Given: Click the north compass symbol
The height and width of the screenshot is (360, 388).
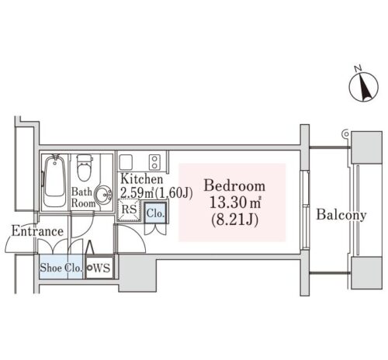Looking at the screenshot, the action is (x=363, y=87).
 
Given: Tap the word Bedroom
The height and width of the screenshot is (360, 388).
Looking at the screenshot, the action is (x=234, y=185).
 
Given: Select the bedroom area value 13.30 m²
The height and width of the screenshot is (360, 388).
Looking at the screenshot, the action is (x=235, y=202).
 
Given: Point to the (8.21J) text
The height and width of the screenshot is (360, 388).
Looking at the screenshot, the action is (x=234, y=220).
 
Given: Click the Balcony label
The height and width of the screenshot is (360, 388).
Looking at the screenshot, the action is (x=341, y=215).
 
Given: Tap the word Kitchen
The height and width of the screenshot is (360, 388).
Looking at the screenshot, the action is (x=142, y=179).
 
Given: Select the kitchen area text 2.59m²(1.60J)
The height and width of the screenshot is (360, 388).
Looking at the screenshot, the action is (x=157, y=192).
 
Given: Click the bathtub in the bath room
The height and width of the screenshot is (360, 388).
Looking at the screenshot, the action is (x=54, y=180).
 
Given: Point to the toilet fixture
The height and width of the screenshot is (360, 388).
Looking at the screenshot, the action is (x=85, y=168).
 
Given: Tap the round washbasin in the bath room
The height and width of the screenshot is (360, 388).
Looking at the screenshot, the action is (x=103, y=195).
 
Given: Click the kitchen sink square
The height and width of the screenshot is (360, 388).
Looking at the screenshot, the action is (x=126, y=162).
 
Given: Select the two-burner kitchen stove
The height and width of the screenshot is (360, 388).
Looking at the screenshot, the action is (x=154, y=162).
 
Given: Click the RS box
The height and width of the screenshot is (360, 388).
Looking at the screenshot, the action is (x=129, y=210).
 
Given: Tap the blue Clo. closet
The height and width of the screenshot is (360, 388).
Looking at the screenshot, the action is (x=155, y=213).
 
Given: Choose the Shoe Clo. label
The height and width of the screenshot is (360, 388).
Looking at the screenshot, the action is (x=61, y=268).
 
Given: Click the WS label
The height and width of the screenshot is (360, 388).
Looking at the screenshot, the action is (x=102, y=268).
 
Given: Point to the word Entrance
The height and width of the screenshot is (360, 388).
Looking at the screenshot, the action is (x=37, y=231).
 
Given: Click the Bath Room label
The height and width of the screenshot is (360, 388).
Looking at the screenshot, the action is (x=83, y=197).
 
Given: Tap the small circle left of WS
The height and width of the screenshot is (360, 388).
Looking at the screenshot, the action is (x=89, y=268).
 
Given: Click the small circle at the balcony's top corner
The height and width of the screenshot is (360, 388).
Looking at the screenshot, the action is (x=345, y=133).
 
